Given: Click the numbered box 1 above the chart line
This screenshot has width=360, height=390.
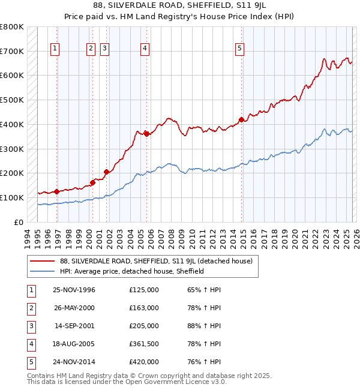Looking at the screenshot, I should pyautogui.click(x=55, y=49).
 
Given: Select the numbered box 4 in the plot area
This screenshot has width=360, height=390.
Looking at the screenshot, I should pyautogui.click(x=145, y=49).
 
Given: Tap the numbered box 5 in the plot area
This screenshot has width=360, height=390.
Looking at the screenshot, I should pyautogui.click(x=239, y=49).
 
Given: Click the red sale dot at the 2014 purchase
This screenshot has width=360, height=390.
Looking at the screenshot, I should pyautogui.click(x=241, y=119).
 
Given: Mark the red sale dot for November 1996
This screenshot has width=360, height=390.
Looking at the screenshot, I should pyautogui.click(x=56, y=191).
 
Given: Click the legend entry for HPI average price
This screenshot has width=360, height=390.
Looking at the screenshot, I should pyautogui.click(x=132, y=271).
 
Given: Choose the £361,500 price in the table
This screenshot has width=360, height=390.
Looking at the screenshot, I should pyautogui.click(x=144, y=344).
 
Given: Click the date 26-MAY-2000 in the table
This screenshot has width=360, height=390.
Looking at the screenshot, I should pyautogui.click(x=74, y=308).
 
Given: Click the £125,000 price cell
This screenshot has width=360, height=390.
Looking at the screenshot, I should pyautogui.click(x=144, y=290).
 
